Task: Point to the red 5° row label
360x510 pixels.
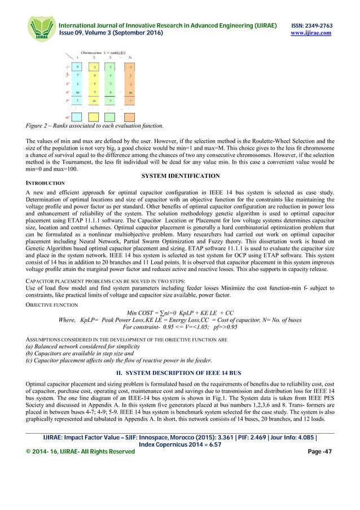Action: (68, 101)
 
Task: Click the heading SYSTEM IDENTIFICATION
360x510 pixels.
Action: (180, 176)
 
